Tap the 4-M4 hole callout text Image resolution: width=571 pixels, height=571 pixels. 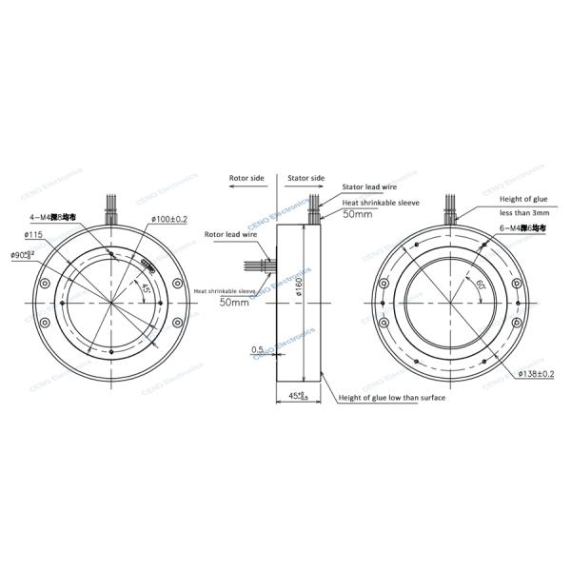[x=58, y=218]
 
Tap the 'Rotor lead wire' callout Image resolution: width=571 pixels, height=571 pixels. [x=228, y=233]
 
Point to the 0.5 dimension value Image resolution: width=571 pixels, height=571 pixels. [x=257, y=349]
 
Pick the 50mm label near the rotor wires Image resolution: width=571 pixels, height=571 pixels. [x=234, y=302]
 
